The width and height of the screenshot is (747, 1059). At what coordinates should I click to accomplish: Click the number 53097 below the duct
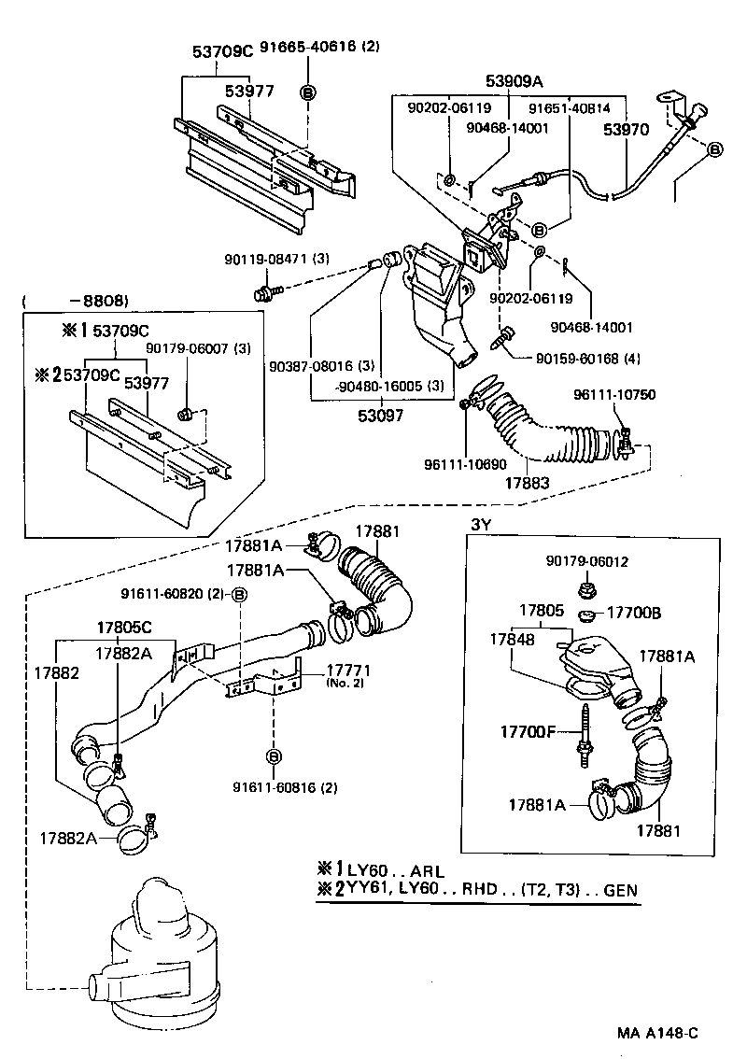tap(380, 415)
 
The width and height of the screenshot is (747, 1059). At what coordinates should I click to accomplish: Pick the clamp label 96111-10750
tap(616, 395)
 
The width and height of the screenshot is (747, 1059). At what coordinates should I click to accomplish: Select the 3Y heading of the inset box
tap(480, 525)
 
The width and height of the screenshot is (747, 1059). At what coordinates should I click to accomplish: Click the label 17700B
tap(633, 613)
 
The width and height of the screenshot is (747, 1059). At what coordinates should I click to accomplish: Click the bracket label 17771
tap(346, 671)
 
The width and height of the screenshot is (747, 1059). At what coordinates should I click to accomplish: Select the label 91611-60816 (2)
tap(284, 787)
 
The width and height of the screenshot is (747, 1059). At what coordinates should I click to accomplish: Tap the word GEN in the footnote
tap(621, 890)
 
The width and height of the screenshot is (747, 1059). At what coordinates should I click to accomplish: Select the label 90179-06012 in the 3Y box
tap(587, 561)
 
